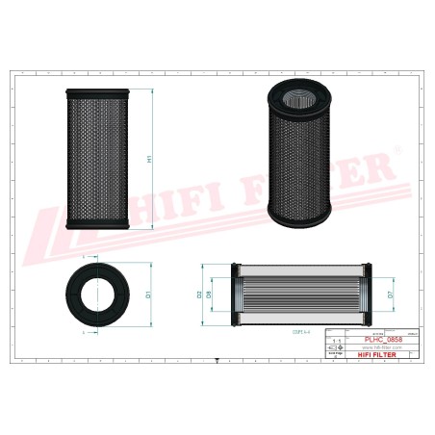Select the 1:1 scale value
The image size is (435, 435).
click(335, 340)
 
